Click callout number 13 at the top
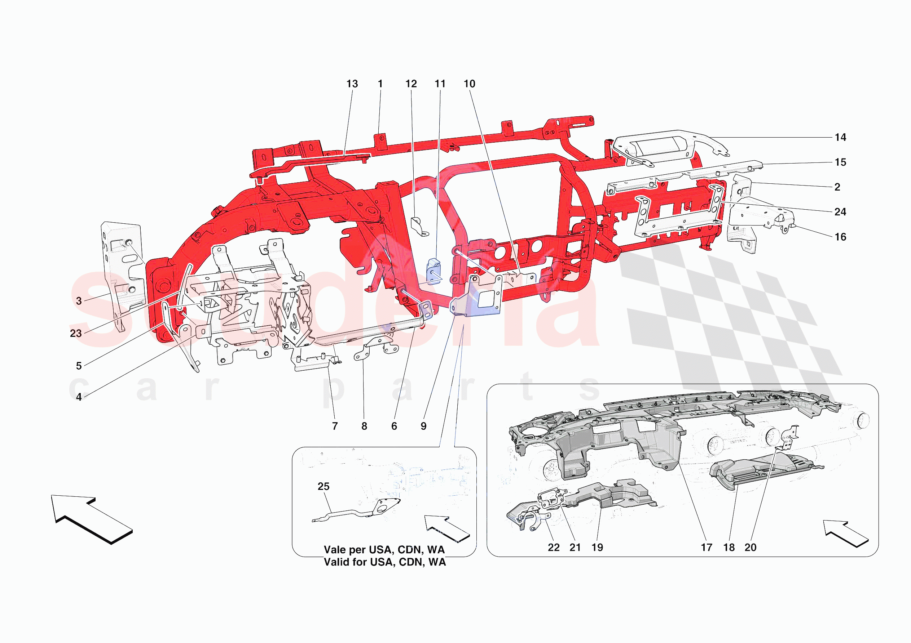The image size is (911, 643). [352, 84]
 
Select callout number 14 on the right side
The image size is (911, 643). [840, 138]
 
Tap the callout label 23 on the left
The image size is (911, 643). [76, 334]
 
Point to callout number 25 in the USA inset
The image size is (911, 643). [324, 486]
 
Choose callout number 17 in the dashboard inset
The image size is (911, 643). [706, 548]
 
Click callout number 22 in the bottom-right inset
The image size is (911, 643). [554, 548]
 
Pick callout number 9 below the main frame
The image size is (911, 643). [424, 426]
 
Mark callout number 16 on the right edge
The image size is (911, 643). [840, 237]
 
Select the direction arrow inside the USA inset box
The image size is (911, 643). [447, 528]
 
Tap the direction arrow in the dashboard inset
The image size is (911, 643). [845, 533]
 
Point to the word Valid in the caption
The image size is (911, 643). [335, 562]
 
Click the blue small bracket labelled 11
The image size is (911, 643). [434, 272]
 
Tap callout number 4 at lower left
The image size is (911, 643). [79, 397]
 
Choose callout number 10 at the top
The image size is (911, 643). [470, 84]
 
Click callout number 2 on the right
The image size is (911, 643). [837, 187]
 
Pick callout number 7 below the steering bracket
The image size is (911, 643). [335, 426]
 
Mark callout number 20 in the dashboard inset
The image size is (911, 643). [750, 548]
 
